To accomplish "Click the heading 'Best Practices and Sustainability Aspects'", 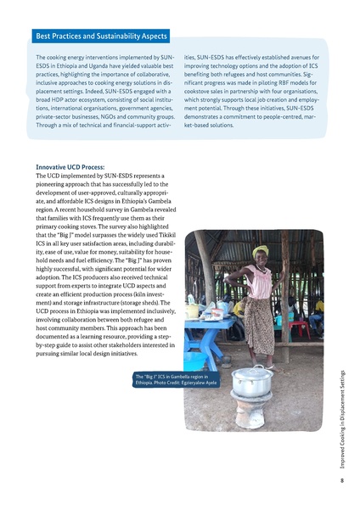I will pyautogui.click(x=101, y=37).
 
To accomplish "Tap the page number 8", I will pyautogui.click(x=340, y=481).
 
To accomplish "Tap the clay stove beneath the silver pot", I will pyautogui.click(x=253, y=413).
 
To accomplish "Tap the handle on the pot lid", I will pyautogui.click(x=252, y=367).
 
